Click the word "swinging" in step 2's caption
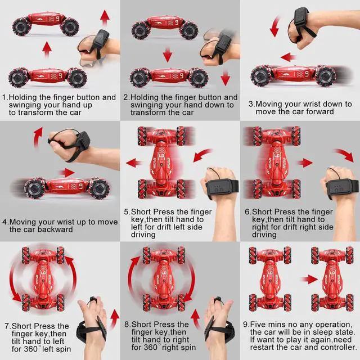point(149,105)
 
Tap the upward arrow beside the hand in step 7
point(115,319)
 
